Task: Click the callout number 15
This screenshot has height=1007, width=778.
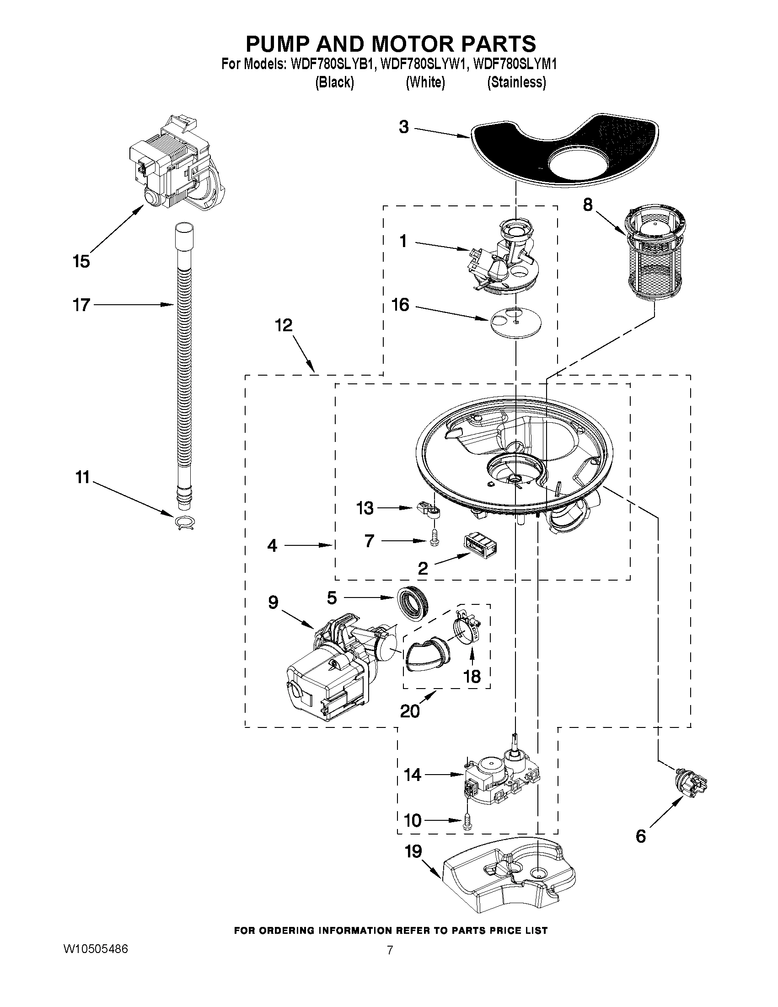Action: click(x=81, y=261)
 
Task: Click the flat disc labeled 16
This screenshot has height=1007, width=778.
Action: click(x=515, y=321)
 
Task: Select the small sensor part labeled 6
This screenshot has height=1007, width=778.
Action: click(x=690, y=781)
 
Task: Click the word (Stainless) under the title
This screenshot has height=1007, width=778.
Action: click(x=517, y=82)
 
